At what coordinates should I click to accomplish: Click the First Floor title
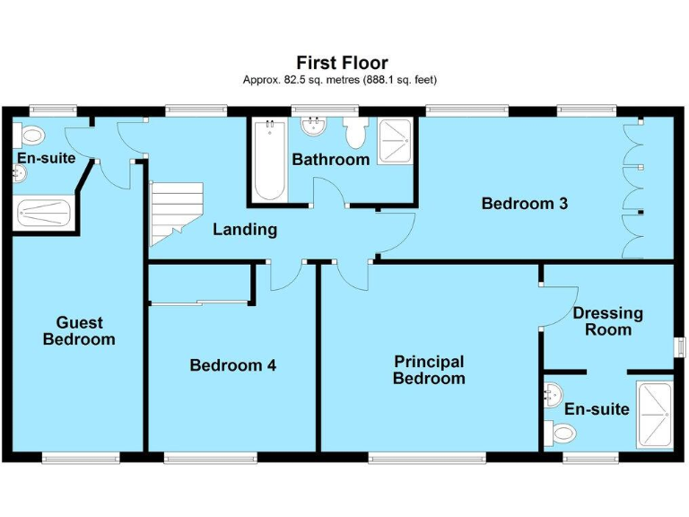pyautogui.click(x=342, y=63)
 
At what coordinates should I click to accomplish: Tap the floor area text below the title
pyautogui.click(x=342, y=80)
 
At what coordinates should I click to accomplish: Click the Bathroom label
pyautogui.click(x=330, y=160)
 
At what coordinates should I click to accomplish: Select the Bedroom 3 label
pyautogui.click(x=524, y=204)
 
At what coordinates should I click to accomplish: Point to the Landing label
pyautogui.click(x=244, y=230)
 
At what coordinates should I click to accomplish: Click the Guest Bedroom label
pyautogui.click(x=79, y=331)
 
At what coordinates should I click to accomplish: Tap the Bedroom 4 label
pyautogui.click(x=232, y=365)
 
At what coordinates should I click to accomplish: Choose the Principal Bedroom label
pyautogui.click(x=429, y=370)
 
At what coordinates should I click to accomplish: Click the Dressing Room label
pyautogui.click(x=607, y=321)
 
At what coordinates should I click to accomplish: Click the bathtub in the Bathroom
pyautogui.click(x=269, y=162)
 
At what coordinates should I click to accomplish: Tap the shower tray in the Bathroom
pyautogui.click(x=394, y=142)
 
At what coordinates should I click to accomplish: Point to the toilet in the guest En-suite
pyautogui.click(x=32, y=136)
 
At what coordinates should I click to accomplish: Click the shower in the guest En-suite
pyautogui.click(x=43, y=213)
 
